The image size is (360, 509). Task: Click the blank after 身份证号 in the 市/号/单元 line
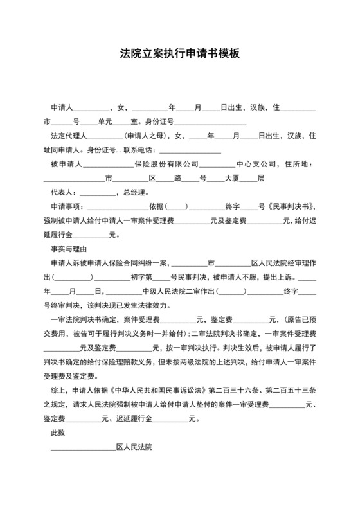[212, 121]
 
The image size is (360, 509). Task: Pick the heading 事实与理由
[69, 248]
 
